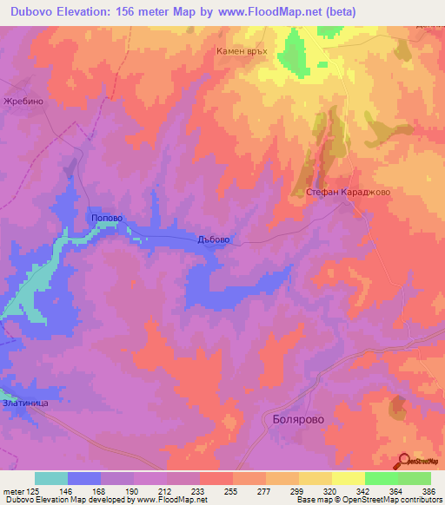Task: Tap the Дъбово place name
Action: pyautogui.click(x=213, y=241)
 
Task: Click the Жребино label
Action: pyautogui.click(x=23, y=101)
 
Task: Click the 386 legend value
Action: pyautogui.click(x=428, y=490)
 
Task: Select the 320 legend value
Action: pyautogui.click(x=331, y=490)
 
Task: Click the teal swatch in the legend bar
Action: pyautogui.click(x=51, y=478)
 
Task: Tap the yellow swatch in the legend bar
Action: pyautogui.click(x=315, y=478)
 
